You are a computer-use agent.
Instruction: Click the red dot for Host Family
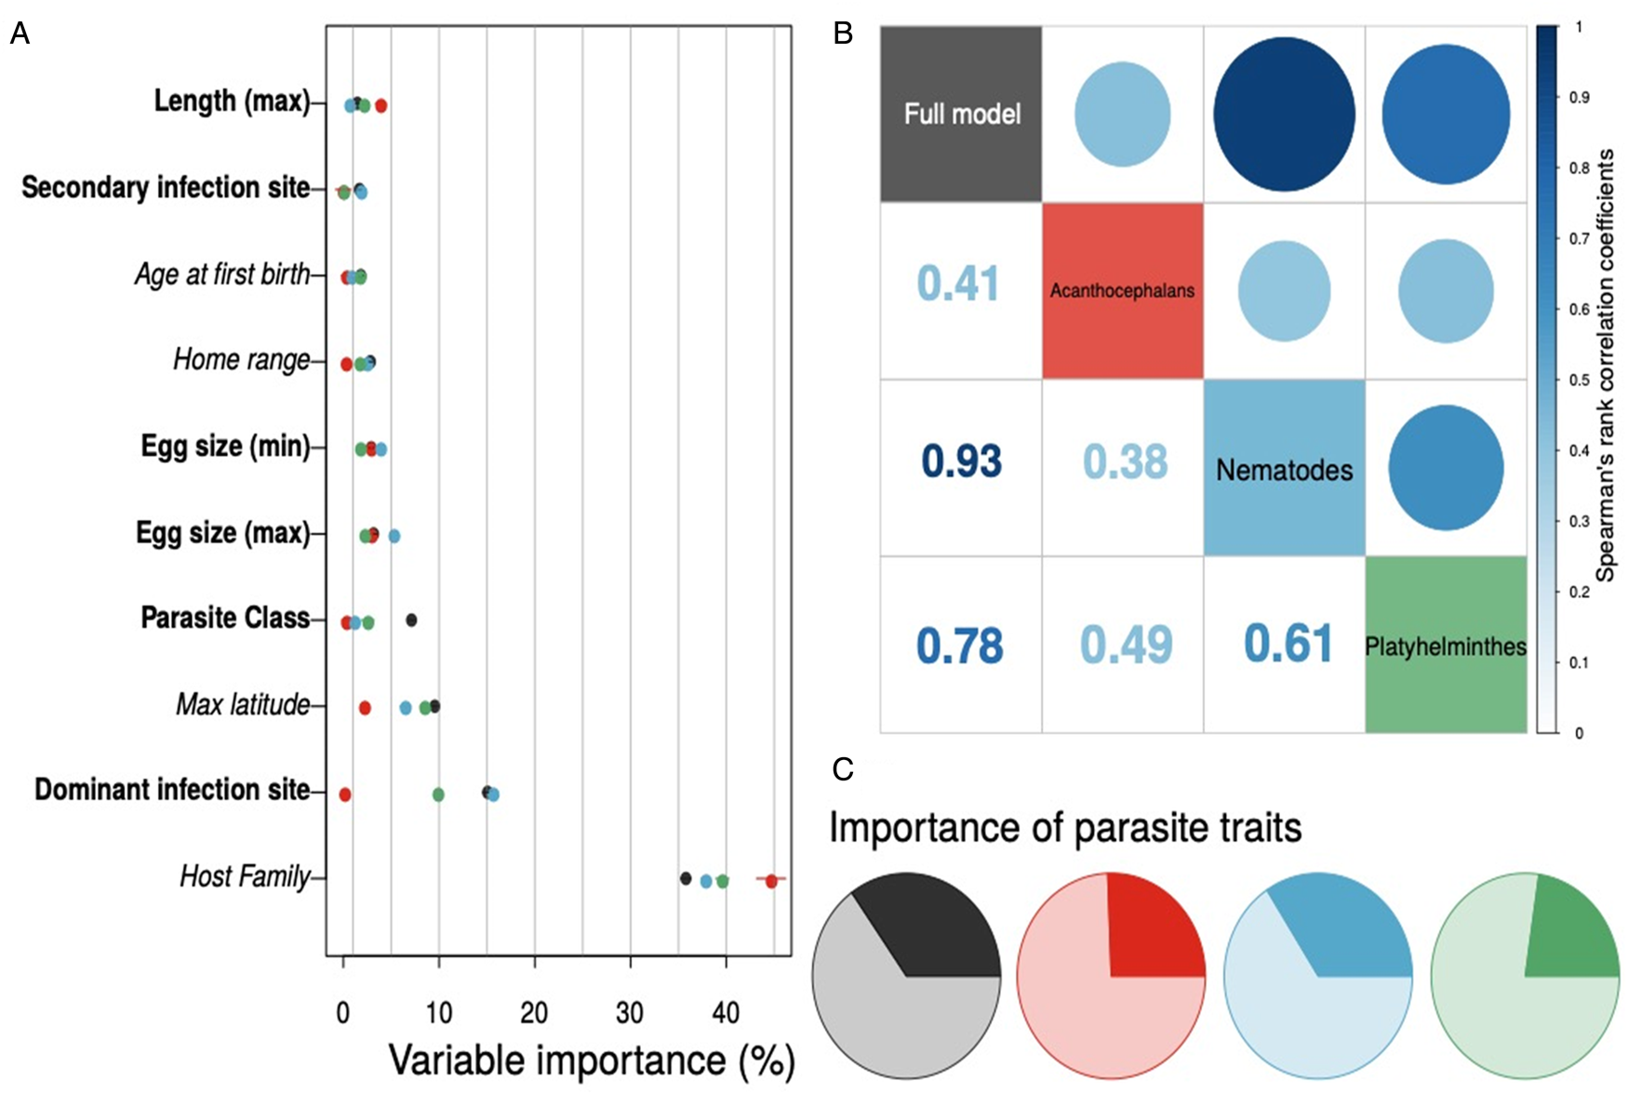click(x=771, y=880)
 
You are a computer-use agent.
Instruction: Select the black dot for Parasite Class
click(x=411, y=620)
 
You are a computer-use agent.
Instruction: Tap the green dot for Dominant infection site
click(x=438, y=794)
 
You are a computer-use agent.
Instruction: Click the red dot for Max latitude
click(x=365, y=708)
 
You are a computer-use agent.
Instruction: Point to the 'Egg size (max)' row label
click(x=223, y=533)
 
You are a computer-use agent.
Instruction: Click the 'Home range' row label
click(x=241, y=359)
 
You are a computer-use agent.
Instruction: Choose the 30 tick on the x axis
click(x=630, y=1012)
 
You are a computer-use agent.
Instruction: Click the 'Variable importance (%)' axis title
click(x=591, y=1061)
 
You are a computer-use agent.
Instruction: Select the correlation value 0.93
click(x=961, y=461)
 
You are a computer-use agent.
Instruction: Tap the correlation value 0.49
click(x=1126, y=644)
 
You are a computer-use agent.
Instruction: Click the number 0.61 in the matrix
click(x=1288, y=644)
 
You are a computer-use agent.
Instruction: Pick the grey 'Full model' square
click(x=961, y=113)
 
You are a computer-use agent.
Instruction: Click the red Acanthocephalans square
click(x=1122, y=290)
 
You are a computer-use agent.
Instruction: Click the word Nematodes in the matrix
click(x=1284, y=470)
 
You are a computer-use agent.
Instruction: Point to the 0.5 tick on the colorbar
click(x=1579, y=380)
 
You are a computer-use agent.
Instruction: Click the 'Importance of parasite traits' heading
click(x=1065, y=827)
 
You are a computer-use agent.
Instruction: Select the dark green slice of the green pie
click(x=1568, y=935)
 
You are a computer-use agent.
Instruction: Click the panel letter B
click(x=843, y=33)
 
